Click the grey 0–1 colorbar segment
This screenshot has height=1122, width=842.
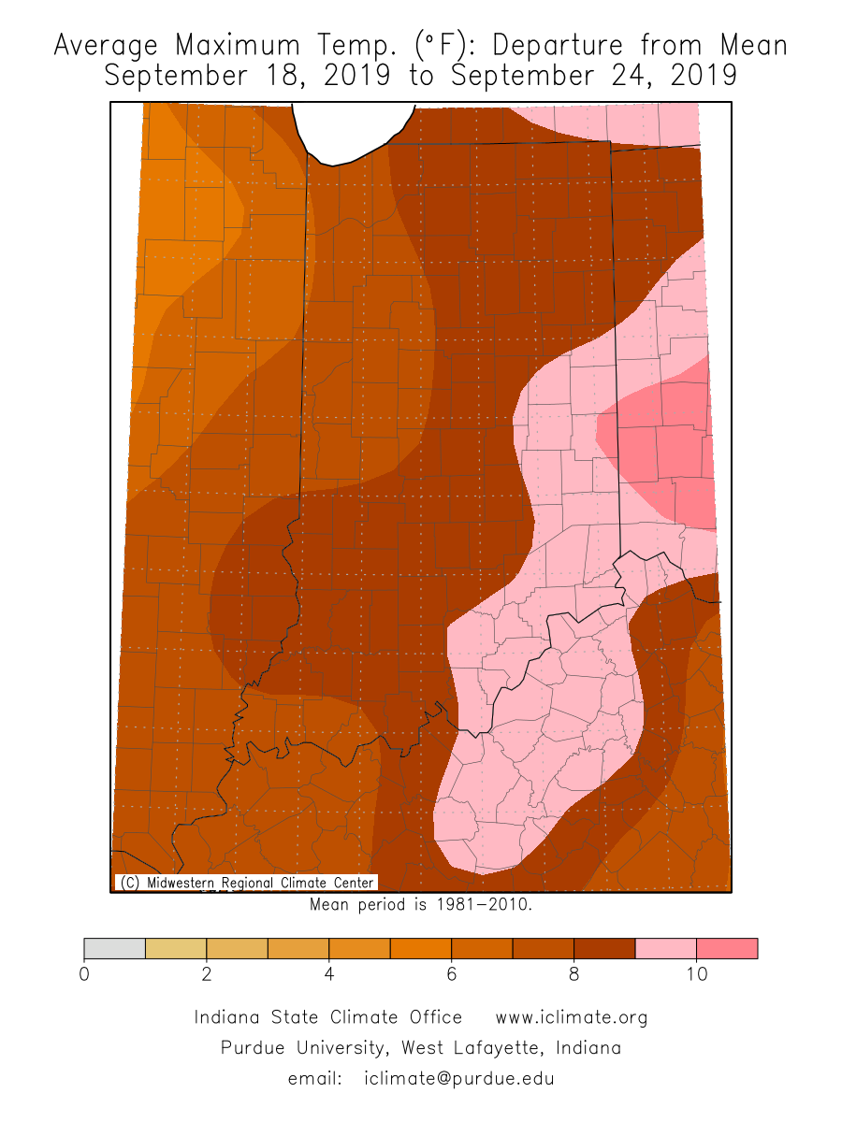[x=114, y=948]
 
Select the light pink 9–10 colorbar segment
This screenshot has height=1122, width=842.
[x=665, y=948]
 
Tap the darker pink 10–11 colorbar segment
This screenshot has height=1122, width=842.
[x=727, y=948]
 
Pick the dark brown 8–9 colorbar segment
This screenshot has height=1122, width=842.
[x=604, y=948]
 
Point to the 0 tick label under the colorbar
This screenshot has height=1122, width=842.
[x=84, y=973]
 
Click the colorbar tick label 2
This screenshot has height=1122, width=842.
[x=206, y=973]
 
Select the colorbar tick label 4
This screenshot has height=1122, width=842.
[x=328, y=973]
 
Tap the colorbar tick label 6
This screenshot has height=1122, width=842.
[x=451, y=973]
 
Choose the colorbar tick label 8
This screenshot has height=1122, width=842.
[x=573, y=973]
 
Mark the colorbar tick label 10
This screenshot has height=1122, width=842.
[x=695, y=973]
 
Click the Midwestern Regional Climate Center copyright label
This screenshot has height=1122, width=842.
[x=246, y=883]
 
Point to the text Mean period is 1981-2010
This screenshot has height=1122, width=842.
[x=420, y=905]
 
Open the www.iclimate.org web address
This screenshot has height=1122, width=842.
[x=571, y=1017]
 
